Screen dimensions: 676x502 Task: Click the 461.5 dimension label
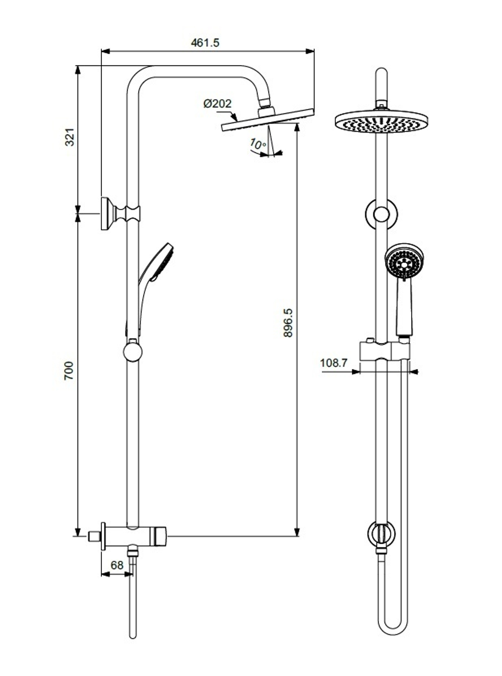click(x=205, y=43)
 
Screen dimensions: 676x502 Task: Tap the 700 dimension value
click(x=69, y=370)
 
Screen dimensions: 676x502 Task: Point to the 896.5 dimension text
click(x=288, y=322)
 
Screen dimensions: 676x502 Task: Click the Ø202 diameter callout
click(x=217, y=104)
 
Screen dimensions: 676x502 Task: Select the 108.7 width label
click(x=334, y=363)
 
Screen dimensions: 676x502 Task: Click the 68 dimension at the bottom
click(x=116, y=565)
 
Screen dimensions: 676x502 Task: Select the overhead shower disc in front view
click(x=382, y=122)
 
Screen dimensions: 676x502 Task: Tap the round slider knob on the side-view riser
click(x=132, y=351)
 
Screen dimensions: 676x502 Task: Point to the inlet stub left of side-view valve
click(x=93, y=536)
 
